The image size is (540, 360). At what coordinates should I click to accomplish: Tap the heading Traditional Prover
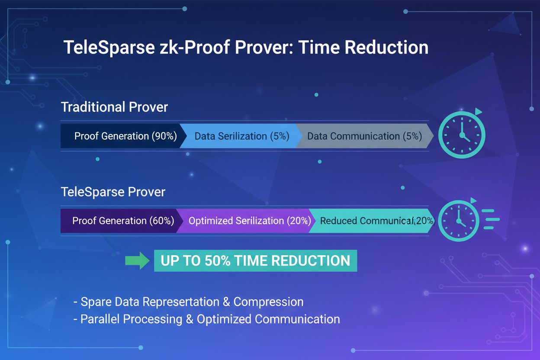tap(114, 107)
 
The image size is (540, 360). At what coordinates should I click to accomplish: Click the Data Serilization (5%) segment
tap(241, 136)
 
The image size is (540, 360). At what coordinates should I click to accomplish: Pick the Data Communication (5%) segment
tap(364, 136)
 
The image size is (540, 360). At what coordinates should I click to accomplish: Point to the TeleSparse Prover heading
tap(113, 192)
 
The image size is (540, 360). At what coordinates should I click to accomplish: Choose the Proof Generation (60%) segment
tap(123, 221)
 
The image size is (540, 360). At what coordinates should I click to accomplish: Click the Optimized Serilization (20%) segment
tap(249, 221)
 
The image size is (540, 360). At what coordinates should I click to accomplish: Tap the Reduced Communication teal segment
tap(372, 221)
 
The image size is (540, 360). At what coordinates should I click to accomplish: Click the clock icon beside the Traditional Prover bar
tap(462, 135)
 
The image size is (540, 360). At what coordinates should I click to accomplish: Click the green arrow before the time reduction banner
tap(137, 260)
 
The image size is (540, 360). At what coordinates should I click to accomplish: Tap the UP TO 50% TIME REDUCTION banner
tap(255, 260)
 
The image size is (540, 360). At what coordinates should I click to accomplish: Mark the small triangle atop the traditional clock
tap(478, 112)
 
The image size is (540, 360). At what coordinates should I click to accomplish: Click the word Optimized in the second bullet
tap(224, 319)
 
